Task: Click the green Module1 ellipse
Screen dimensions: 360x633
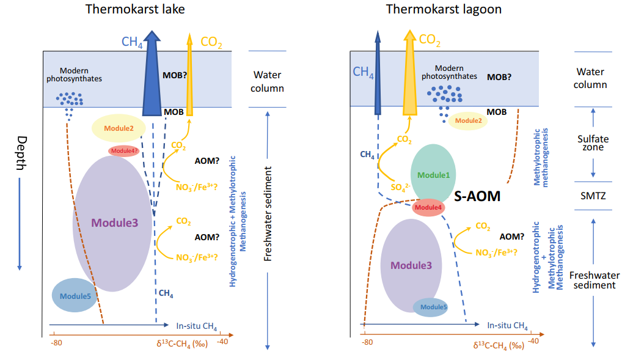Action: click(x=433, y=174)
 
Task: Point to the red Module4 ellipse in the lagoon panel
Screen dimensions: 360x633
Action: click(x=428, y=207)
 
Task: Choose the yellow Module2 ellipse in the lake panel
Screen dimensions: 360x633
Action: click(x=119, y=128)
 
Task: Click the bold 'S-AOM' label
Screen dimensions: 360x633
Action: click(x=478, y=196)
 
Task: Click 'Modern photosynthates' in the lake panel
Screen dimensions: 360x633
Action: click(x=74, y=74)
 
